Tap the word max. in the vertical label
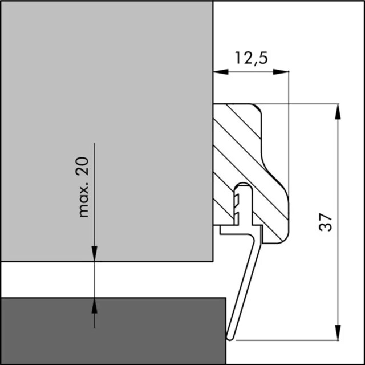pyautogui.click(x=84, y=199)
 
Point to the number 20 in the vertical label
pyautogui.click(x=83, y=166)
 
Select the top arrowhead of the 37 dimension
pyautogui.click(x=338, y=111)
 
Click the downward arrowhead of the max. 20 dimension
pyautogui.click(x=94, y=254)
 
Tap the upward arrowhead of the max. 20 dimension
pyautogui.click(x=94, y=305)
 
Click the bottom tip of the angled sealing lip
pyautogui.click(x=230, y=338)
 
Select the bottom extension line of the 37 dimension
pyautogui.click(x=285, y=340)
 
